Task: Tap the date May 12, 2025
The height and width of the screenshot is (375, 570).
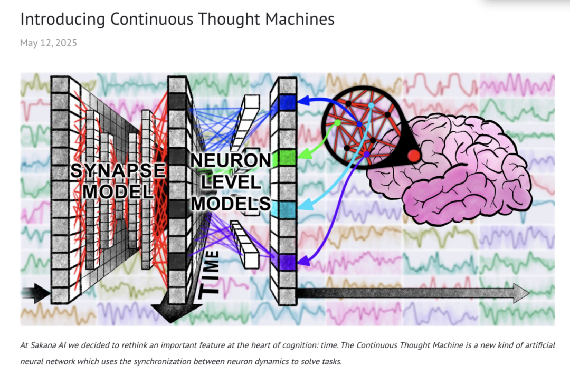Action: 49,43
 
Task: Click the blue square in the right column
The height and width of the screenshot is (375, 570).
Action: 287,102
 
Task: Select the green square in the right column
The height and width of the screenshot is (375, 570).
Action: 287,158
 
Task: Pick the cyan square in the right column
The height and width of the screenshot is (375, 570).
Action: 287,209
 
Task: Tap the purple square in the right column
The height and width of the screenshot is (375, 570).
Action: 287,260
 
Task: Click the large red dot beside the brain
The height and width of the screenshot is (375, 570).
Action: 413,156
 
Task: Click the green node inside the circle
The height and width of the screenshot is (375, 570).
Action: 337,123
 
